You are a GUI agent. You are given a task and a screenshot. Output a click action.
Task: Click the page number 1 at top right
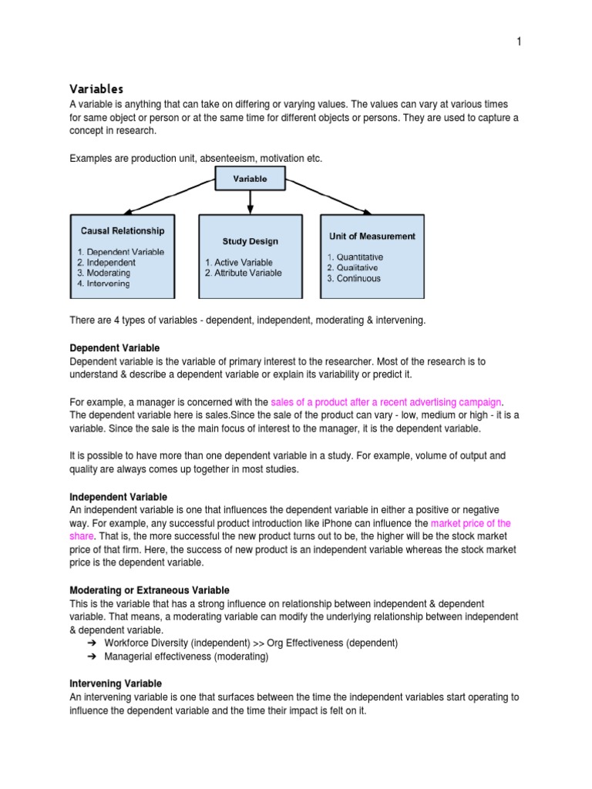tap(519, 42)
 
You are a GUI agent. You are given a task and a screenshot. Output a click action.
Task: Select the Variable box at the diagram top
tap(250, 179)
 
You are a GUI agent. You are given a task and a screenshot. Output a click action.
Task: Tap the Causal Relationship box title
tap(123, 230)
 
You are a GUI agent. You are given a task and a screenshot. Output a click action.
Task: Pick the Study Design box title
tap(251, 241)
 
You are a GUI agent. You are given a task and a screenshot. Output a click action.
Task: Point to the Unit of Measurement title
tap(372, 237)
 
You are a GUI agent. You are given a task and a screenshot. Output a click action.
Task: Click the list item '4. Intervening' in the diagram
tap(104, 284)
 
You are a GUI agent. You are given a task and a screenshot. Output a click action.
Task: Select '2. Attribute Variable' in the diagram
tap(244, 273)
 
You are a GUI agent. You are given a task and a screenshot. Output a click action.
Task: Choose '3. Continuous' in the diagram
tap(354, 278)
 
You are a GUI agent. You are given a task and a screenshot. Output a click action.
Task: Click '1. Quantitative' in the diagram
tap(355, 257)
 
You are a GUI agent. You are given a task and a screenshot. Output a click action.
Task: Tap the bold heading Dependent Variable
tap(115, 348)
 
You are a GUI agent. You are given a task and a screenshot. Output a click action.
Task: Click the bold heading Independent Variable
tap(119, 497)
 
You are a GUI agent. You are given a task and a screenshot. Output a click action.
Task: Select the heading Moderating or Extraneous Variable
tap(150, 590)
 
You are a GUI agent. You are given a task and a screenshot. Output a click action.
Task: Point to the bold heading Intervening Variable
tap(116, 683)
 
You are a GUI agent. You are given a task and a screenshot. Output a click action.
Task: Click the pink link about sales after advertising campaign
tap(386, 402)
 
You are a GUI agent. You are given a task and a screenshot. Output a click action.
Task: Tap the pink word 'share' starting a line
tap(82, 535)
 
